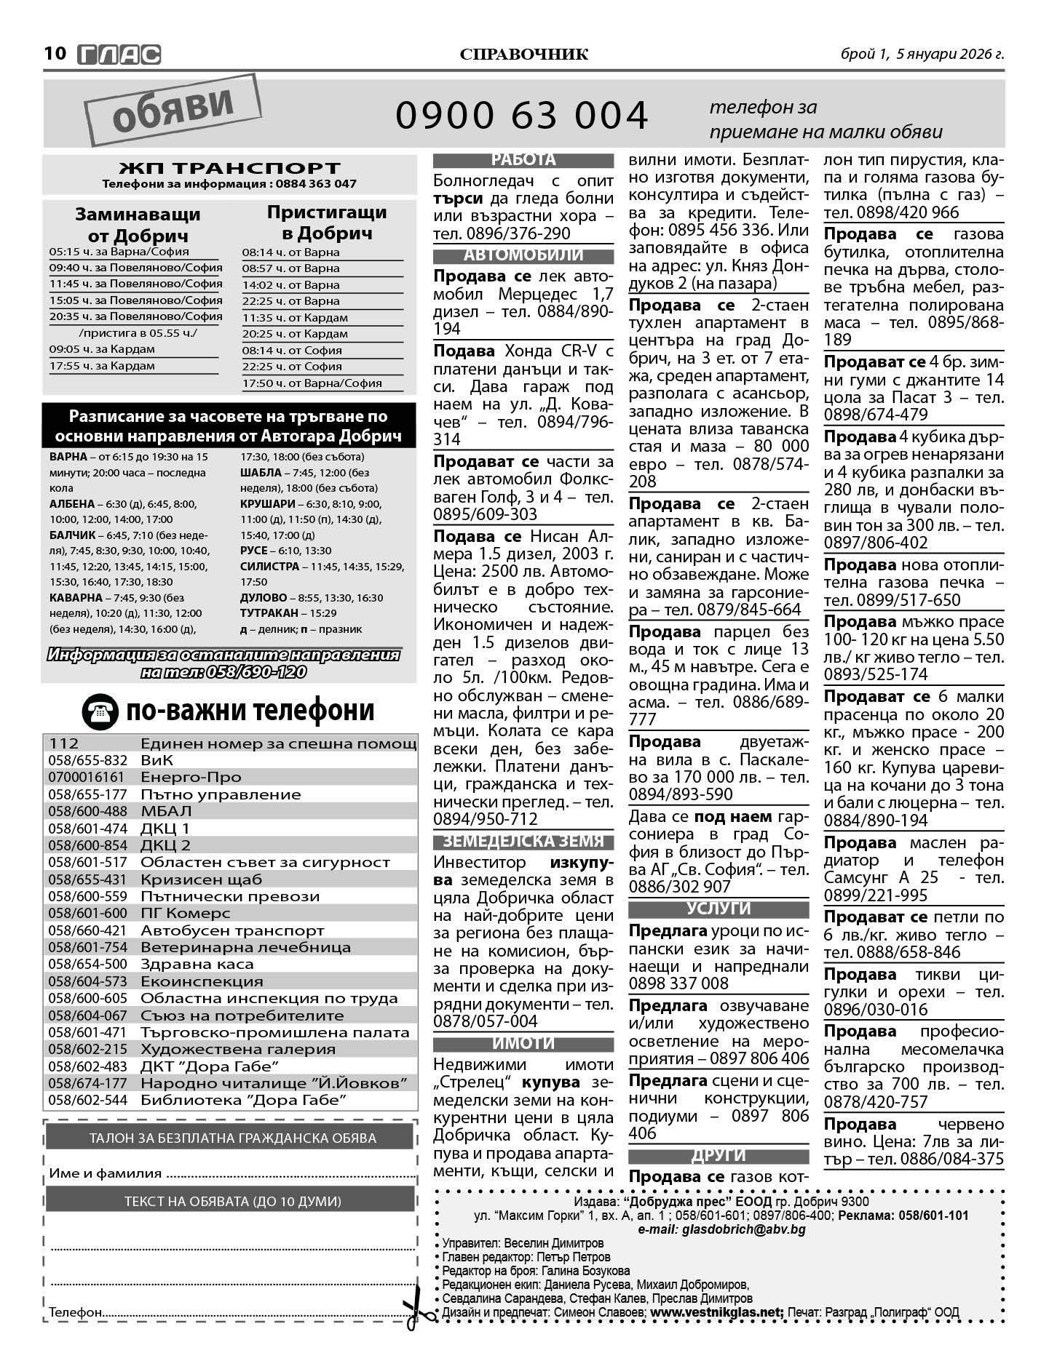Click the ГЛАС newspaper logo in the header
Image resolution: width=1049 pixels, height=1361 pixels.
[119, 55]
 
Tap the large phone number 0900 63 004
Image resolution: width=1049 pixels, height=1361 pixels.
[521, 115]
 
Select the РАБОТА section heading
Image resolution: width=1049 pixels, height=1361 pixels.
[523, 160]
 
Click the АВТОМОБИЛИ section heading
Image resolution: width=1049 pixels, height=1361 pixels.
[523, 255]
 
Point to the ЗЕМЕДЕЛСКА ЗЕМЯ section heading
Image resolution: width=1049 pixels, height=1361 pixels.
[523, 842]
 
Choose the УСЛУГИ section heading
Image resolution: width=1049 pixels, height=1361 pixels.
[719, 909]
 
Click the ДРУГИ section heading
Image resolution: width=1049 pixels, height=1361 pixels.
[719, 1155]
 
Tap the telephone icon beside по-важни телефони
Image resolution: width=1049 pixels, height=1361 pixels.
[100, 711]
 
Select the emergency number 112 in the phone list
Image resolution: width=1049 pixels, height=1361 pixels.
[64, 743]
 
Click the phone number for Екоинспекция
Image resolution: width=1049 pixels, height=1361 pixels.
[87, 981]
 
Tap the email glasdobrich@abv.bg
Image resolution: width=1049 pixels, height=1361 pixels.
[721, 1229]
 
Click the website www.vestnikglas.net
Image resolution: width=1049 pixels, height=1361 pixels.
[716, 1312]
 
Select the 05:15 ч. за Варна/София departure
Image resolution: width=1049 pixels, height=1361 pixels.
[135, 252]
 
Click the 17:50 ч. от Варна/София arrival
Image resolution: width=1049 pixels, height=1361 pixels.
[322, 383]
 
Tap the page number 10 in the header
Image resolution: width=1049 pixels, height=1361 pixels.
[55, 54]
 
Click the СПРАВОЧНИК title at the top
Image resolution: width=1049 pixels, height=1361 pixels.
[524, 55]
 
